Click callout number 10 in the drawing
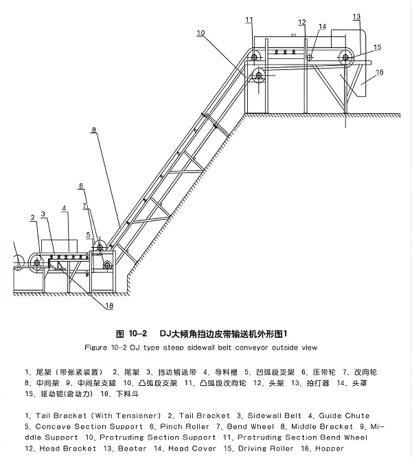pyautogui.click(x=200, y=32)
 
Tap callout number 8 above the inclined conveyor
pyautogui.click(x=94, y=128)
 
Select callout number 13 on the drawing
pyautogui.click(x=356, y=16)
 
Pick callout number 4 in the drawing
pyautogui.click(x=64, y=207)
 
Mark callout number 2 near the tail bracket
pyautogui.click(x=33, y=218)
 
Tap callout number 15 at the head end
pyautogui.click(x=377, y=47)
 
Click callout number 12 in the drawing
pyautogui.click(x=302, y=23)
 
